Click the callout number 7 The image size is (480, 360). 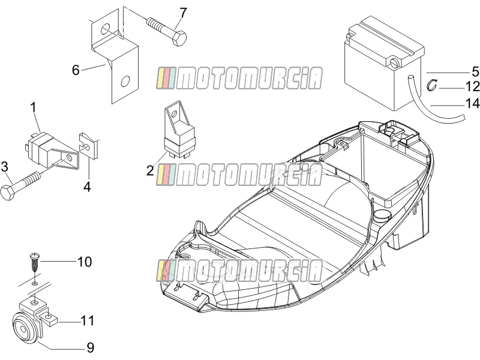[x=183, y=13]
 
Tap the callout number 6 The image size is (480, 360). [x=76, y=70]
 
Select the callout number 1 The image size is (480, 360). [x=33, y=108]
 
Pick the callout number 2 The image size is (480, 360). [x=150, y=170]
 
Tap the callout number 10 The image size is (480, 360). [x=85, y=262]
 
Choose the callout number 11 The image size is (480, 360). [x=87, y=321]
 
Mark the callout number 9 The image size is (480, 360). [x=91, y=348]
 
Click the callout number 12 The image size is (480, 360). [x=472, y=86]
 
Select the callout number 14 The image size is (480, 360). [x=472, y=103]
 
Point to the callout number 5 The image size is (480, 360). [x=475, y=71]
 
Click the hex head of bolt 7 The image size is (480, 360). [x=179, y=38]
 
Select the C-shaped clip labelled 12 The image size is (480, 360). [x=432, y=85]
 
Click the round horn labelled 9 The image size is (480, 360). [x=25, y=329]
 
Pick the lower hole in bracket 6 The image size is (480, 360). [x=125, y=82]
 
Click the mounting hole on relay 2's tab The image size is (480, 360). [x=174, y=115]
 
